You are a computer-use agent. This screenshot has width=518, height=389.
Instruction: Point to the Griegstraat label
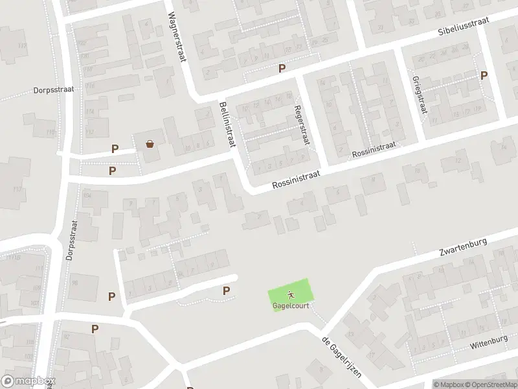point(420,95)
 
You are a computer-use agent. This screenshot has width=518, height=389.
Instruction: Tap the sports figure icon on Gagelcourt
point(291,294)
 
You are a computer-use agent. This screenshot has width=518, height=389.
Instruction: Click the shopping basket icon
point(150,144)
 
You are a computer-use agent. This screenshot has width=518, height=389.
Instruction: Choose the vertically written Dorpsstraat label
point(72,236)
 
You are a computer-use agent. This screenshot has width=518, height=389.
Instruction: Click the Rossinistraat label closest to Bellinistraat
point(297,179)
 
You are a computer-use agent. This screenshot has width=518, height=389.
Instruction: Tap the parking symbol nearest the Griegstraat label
point(484,75)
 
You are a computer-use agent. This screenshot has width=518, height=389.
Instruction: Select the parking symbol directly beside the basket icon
point(115,148)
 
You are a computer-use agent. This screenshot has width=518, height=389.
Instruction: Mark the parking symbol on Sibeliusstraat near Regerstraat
point(282,68)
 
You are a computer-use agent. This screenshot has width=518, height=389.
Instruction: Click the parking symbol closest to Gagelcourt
point(226,291)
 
